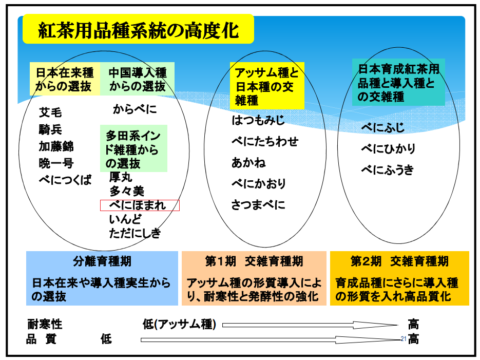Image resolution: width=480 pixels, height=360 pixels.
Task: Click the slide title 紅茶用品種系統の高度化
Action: [138, 30]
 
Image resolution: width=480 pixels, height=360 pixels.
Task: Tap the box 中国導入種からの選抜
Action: [137, 79]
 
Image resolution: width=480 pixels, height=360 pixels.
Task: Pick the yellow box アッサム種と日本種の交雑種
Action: [266, 86]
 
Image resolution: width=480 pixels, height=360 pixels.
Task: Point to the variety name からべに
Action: [135, 109]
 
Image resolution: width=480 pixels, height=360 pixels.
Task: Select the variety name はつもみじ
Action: [258, 121]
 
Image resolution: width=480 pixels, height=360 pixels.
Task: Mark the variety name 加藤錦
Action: [56, 147]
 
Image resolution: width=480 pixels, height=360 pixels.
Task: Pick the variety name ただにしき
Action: [135, 234]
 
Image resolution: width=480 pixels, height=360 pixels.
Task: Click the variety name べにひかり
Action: [388, 149]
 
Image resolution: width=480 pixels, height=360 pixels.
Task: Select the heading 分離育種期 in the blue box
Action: [102, 261]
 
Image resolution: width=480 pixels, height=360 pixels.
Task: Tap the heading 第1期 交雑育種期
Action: [254, 261]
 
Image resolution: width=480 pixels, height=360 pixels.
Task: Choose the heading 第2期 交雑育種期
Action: [399, 261]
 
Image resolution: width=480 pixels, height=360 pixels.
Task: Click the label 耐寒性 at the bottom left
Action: [45, 325]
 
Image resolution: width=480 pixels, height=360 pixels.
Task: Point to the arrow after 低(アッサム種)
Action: [311, 325]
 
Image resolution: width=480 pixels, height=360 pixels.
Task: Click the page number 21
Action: [403, 338]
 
